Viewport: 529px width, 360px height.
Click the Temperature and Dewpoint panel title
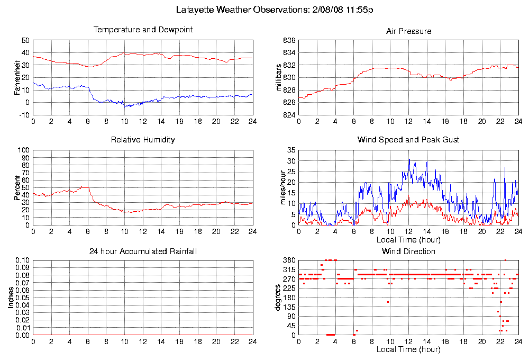click(143, 30)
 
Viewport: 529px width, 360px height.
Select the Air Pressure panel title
click(408, 31)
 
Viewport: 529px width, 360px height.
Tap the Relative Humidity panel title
click(143, 140)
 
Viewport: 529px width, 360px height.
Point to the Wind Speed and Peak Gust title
click(408, 140)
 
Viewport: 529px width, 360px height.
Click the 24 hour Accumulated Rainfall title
click(143, 251)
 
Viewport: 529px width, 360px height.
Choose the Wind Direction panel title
click(408, 251)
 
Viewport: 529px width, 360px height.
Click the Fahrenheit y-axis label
click(17, 77)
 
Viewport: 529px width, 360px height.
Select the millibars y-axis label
click(280, 77)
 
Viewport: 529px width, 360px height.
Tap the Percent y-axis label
click(17, 187)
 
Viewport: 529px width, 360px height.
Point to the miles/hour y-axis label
click(284, 187)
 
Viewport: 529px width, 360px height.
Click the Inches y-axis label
click(11, 298)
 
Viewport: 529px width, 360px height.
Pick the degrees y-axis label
click(278, 298)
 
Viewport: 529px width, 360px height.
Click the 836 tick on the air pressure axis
click(289, 41)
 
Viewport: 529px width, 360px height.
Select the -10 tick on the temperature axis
click(24, 115)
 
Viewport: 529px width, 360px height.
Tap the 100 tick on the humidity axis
click(24, 150)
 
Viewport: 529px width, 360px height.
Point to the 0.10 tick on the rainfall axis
click(23, 260)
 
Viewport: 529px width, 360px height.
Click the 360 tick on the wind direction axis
click(289, 260)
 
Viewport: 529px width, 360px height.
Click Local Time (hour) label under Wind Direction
click(408, 349)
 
